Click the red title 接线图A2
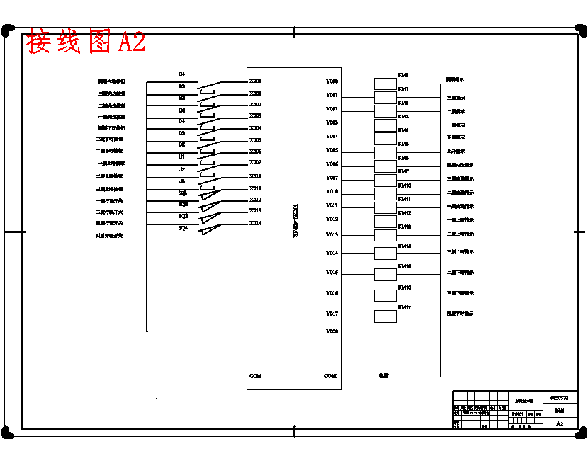pyautogui.click(x=86, y=42)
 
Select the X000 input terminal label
pyautogui.click(x=255, y=81)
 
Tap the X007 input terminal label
pyautogui.click(x=255, y=163)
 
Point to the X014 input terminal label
pyautogui.click(x=255, y=223)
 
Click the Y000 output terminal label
pyautogui.click(x=332, y=82)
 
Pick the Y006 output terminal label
pyautogui.click(x=332, y=164)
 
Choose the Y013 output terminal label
pyautogui.click(x=332, y=234)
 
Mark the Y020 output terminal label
pyautogui.click(x=332, y=331)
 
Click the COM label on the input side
pyautogui.click(x=255, y=376)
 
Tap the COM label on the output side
pyautogui.click(x=330, y=376)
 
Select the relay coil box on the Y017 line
pyautogui.click(x=385, y=316)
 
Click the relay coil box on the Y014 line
pyautogui.click(x=385, y=253)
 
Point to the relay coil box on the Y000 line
pyautogui.click(x=385, y=82)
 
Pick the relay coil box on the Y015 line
pyautogui.click(x=385, y=274)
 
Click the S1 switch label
pyautogui.click(x=181, y=110)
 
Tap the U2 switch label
pyautogui.click(x=181, y=170)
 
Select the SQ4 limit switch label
pyautogui.click(x=183, y=227)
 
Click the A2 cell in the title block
pyautogui.click(x=560, y=424)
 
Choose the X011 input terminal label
pyautogui.click(x=255, y=188)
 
